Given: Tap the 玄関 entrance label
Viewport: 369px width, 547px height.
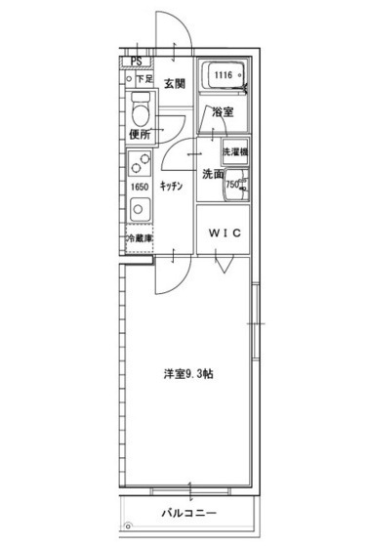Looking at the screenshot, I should click(175, 82).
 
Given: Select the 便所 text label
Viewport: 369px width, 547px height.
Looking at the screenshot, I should click(140, 134).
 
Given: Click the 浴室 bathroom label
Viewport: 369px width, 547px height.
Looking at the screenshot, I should click(224, 112).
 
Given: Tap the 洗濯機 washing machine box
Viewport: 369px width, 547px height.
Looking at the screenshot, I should click(234, 153).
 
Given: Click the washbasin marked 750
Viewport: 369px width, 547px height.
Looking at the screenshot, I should click(234, 184).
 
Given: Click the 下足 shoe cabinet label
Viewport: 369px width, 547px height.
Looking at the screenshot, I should click(143, 78).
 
